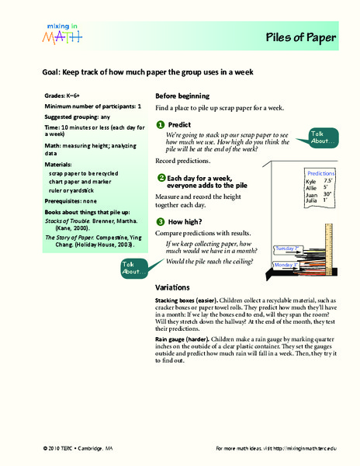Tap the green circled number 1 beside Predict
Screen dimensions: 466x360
coord(160,124)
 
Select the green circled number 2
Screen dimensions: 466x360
coord(160,178)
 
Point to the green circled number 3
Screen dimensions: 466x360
coord(160,221)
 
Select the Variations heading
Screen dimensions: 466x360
coord(178,287)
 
